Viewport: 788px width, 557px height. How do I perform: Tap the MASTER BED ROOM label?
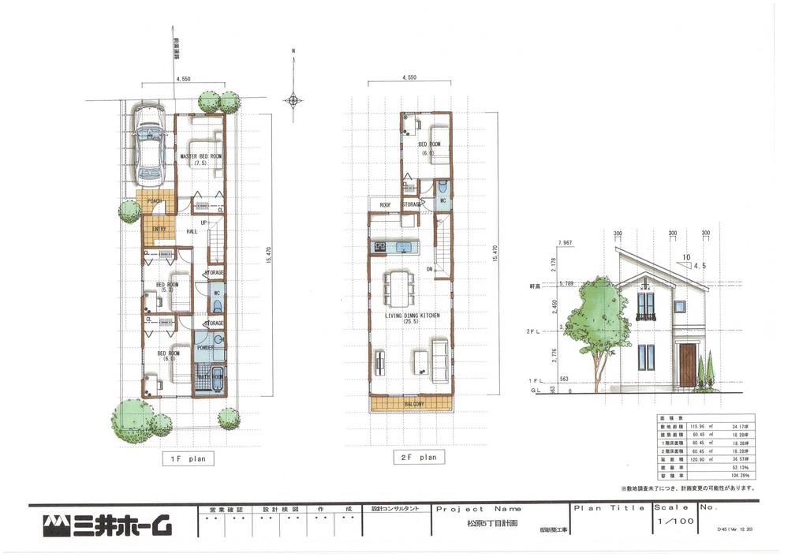200,157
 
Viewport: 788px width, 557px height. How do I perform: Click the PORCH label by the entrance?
154,201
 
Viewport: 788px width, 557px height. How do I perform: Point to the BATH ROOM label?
210,376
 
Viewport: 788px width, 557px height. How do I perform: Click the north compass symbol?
293,99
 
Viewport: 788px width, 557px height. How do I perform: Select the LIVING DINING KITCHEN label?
411,315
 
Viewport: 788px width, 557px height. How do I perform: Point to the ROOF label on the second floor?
386,205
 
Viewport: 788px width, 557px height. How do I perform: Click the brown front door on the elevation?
687,364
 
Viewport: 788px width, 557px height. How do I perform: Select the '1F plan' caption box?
187,458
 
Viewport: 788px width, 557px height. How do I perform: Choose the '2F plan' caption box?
418,457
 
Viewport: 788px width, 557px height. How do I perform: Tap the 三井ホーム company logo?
107,524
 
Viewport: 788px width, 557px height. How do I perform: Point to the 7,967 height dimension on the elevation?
564,242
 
